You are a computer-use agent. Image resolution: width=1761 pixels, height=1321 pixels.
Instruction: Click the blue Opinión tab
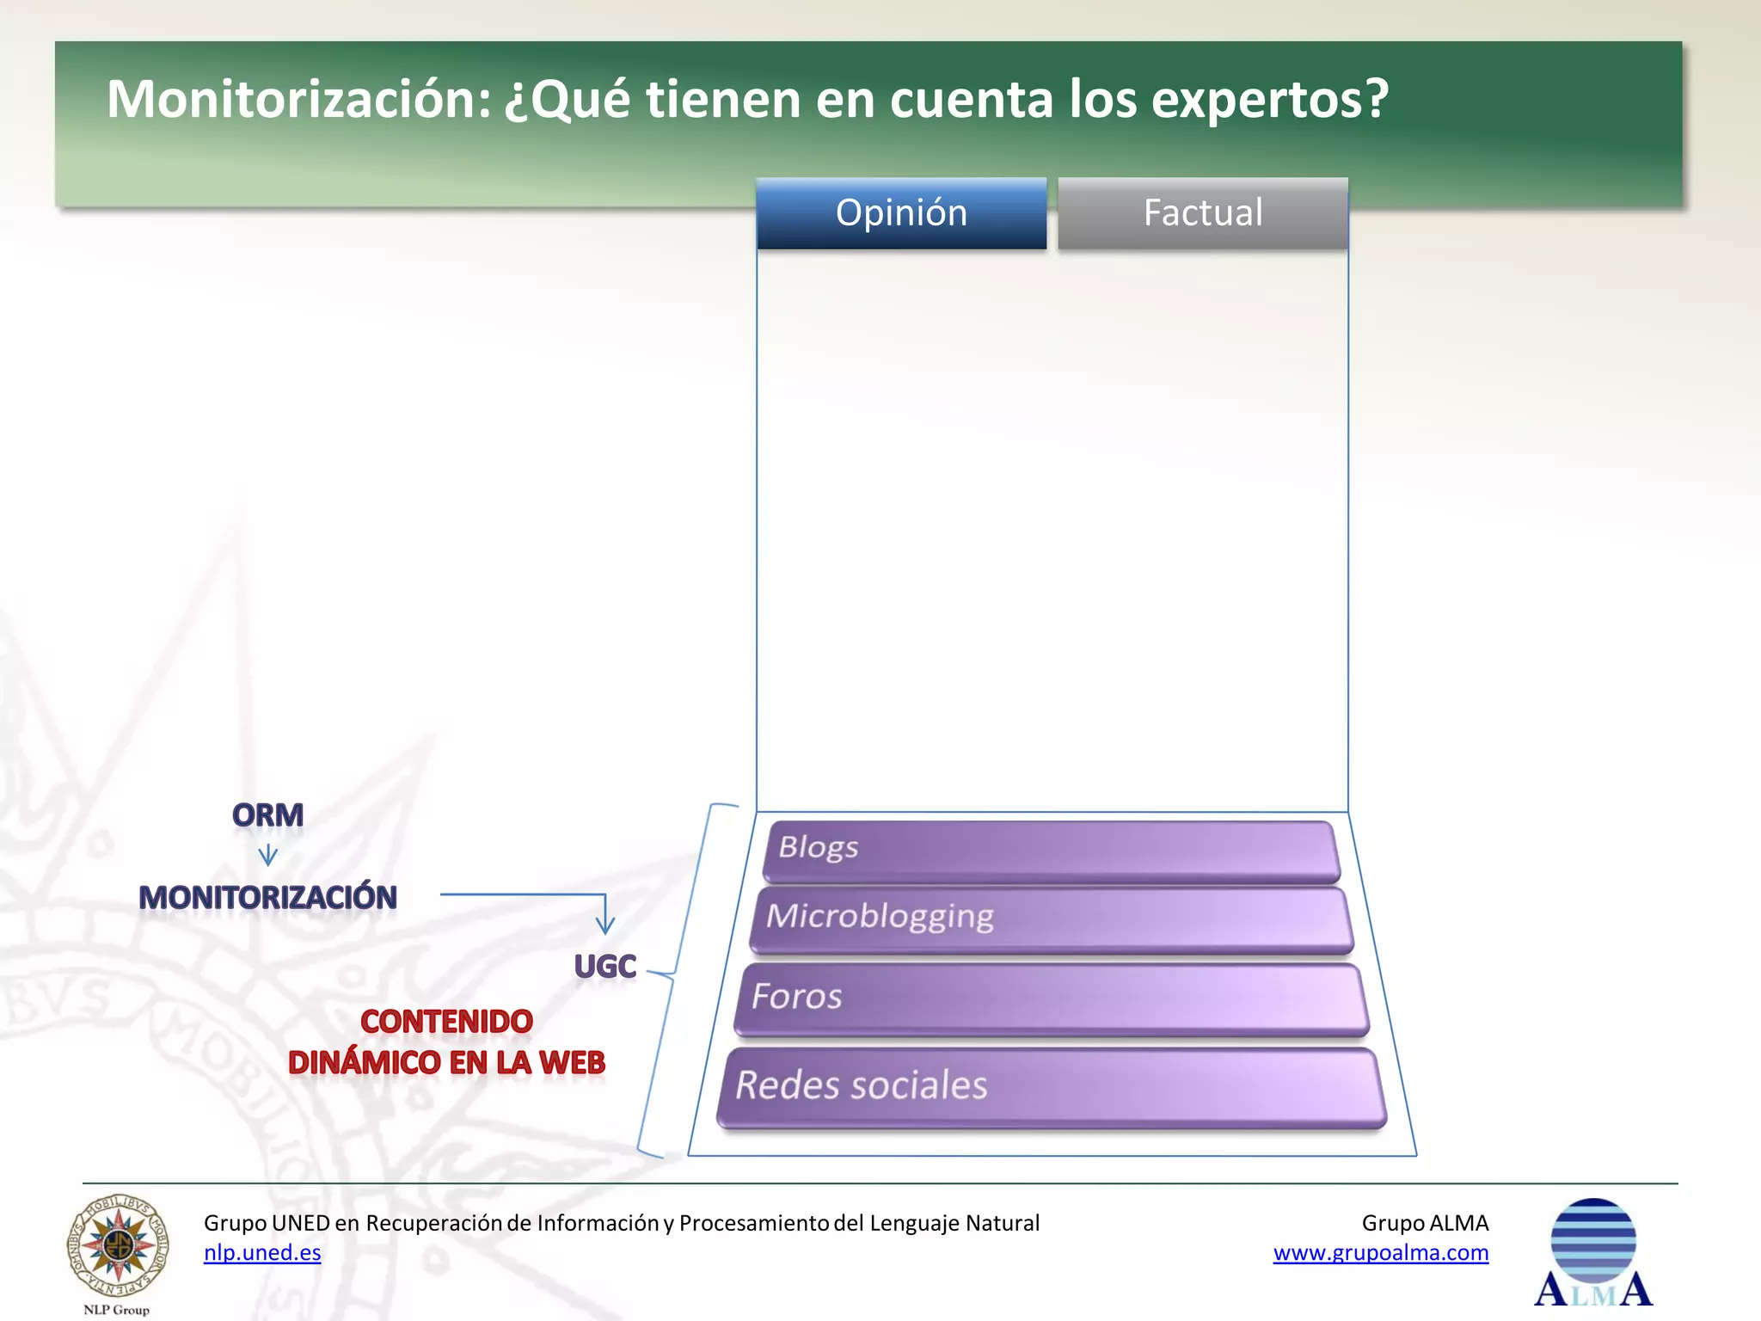[901, 213]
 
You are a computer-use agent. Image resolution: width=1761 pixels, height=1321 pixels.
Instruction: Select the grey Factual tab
[1202, 213]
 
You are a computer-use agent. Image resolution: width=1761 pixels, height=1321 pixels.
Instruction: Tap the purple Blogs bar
[1051, 850]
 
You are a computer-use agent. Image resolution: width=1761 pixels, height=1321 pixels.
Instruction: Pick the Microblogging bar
[1051, 919]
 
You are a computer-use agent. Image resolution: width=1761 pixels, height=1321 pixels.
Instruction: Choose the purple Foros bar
[1051, 998]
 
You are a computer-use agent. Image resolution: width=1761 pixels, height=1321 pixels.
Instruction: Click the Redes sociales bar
[1051, 1085]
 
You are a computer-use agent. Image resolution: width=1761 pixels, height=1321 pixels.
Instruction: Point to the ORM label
[267, 815]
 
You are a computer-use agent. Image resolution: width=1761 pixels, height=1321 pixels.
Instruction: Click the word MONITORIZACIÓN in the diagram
[267, 898]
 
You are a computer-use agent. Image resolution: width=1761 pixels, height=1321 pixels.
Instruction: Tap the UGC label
[604, 967]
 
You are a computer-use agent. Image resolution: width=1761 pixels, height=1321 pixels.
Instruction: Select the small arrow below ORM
[267, 856]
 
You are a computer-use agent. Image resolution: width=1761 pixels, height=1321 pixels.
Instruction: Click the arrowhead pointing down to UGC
[605, 925]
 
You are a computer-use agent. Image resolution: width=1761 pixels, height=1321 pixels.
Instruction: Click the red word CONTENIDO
[446, 1022]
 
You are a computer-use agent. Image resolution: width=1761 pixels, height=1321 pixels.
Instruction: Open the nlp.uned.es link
[262, 1253]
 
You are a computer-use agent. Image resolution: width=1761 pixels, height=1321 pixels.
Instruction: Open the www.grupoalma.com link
[1380, 1253]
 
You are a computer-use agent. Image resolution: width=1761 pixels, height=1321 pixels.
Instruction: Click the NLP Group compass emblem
[118, 1245]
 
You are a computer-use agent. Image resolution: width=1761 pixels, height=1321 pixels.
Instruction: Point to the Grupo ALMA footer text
[1425, 1223]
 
